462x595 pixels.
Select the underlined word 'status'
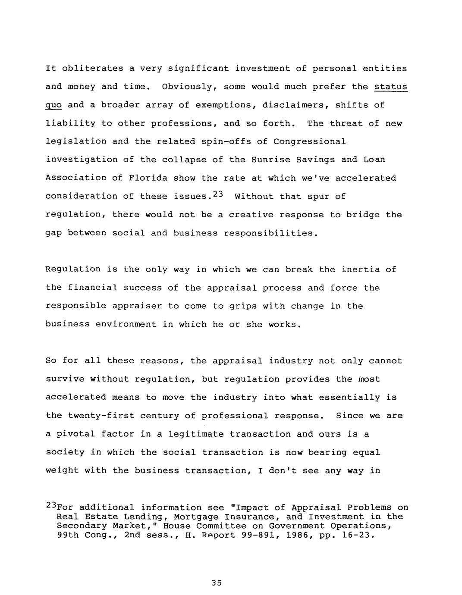390,87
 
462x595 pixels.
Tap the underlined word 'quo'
53,106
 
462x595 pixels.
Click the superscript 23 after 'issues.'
217,194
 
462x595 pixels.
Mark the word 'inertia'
360,269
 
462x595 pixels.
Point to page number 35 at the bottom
217,583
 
